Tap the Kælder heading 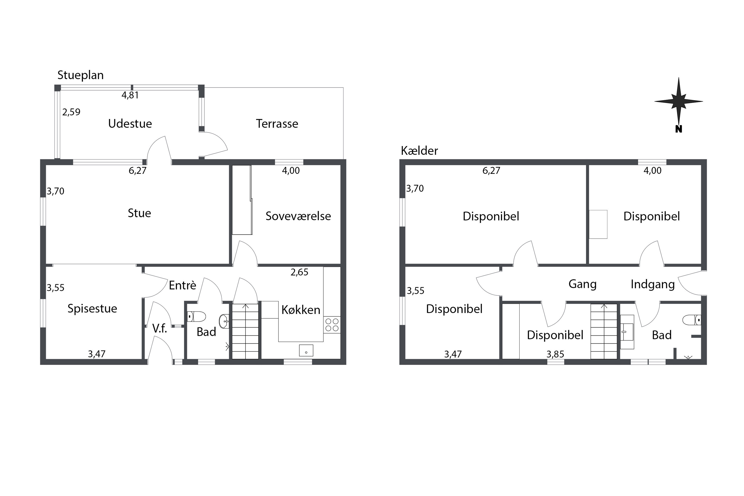pyautogui.click(x=419, y=151)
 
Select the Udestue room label pyautogui.click(x=130, y=124)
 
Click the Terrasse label pyautogui.click(x=277, y=124)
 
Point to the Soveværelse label pyautogui.click(x=298, y=216)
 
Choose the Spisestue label pyautogui.click(x=92, y=309)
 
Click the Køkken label pyautogui.click(x=301, y=310)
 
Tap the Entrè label pyautogui.click(x=182, y=285)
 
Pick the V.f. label pyautogui.click(x=159, y=329)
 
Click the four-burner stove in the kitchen pyautogui.click(x=332, y=325)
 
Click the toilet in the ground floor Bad pyautogui.click(x=196, y=316)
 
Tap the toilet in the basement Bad pyautogui.click(x=692, y=320)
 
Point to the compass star pyautogui.click(x=679, y=101)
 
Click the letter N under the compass pyautogui.click(x=679, y=129)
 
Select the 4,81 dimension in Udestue pyautogui.click(x=130, y=95)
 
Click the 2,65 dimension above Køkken pyautogui.click(x=299, y=272)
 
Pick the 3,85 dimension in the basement pyautogui.click(x=555, y=354)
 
